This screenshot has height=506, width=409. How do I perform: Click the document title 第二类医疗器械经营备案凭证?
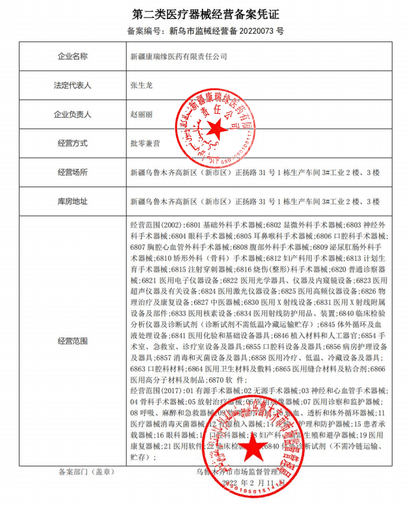tap(204, 13)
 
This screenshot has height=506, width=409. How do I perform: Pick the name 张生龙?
tap(141, 85)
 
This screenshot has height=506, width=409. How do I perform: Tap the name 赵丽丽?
tap(141, 114)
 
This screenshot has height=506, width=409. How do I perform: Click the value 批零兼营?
tap(145, 143)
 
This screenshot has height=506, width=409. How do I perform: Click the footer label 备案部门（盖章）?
tap(83, 472)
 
